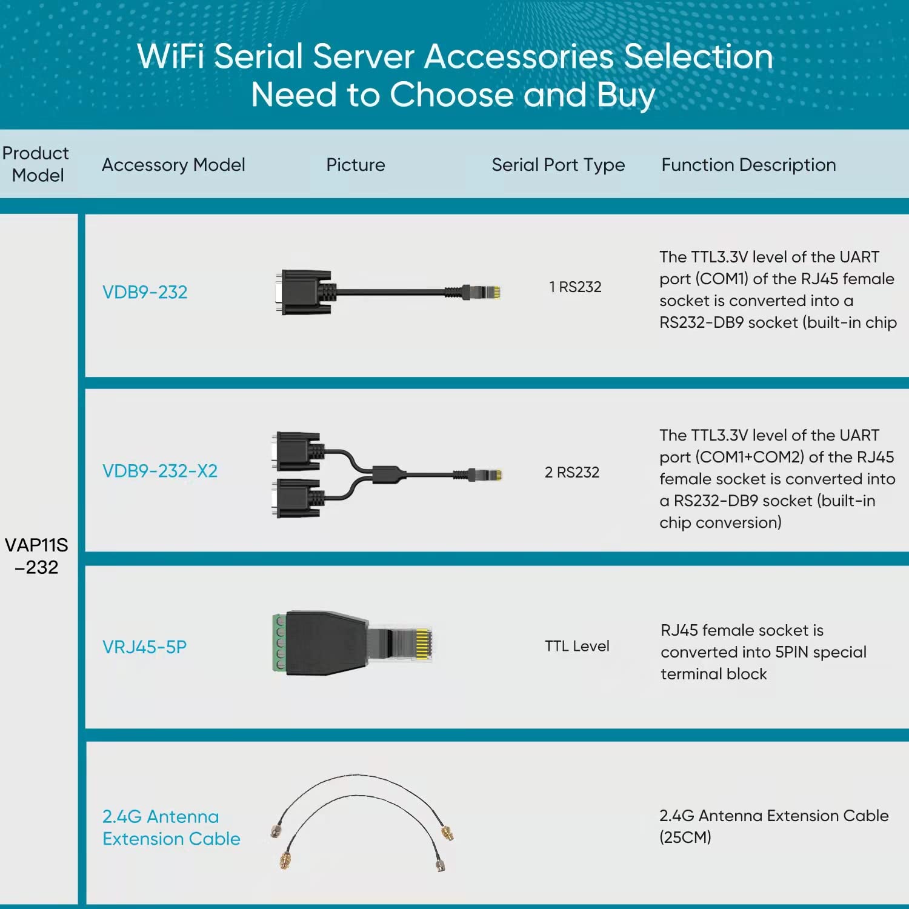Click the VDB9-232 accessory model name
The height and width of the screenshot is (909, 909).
tap(145, 292)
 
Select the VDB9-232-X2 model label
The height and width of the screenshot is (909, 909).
tap(159, 471)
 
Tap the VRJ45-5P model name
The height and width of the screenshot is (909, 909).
tap(144, 647)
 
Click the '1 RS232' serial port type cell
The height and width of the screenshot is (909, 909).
tap(575, 287)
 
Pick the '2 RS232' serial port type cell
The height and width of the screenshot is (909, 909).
tap(571, 472)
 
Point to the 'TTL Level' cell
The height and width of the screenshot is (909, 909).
tap(576, 646)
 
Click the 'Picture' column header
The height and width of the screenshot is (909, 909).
tap(355, 165)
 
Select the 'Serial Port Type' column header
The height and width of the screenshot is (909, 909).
tap(558, 165)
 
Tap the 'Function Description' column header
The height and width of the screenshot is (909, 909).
tap(748, 165)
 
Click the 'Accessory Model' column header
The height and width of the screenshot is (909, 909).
tap(173, 165)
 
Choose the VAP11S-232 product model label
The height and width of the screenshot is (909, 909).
tap(36, 556)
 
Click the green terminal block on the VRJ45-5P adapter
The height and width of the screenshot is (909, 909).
tap(279, 642)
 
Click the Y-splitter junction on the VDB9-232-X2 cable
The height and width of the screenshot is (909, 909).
tap(388, 474)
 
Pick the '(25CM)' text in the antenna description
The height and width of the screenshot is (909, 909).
tap(685, 837)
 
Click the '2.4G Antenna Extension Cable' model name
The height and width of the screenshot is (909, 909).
tap(171, 827)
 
